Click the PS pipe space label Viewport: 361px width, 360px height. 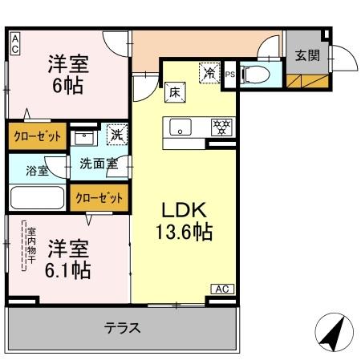click(x=230, y=75)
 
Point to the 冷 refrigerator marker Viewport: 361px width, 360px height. click(x=209, y=72)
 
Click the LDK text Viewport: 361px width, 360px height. click(x=185, y=211)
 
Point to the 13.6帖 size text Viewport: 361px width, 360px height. click(x=184, y=233)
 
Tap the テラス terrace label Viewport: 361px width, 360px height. click(x=122, y=327)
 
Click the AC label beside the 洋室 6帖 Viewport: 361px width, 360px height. click(x=15, y=43)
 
